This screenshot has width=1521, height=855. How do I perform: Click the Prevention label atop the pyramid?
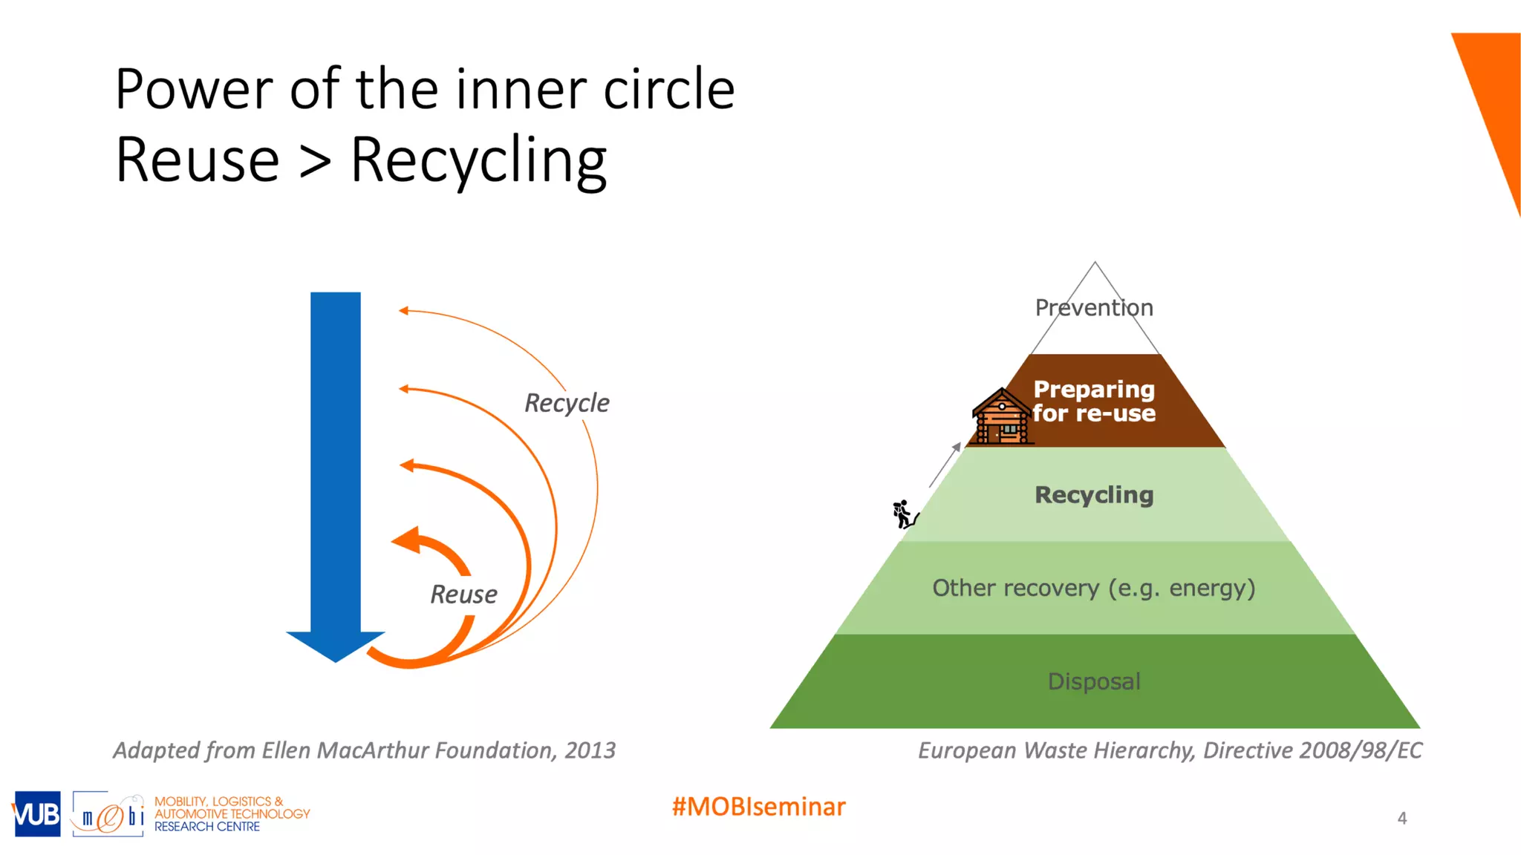tap(1094, 307)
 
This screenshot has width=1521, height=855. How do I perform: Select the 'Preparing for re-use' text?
tap(1094, 401)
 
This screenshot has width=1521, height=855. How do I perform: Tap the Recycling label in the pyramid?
tap(1094, 495)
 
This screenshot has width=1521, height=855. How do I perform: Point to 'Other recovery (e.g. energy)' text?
tap(1094, 588)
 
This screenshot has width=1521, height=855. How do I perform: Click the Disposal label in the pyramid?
tap(1094, 681)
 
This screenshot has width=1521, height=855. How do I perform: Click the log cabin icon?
tap(1002, 417)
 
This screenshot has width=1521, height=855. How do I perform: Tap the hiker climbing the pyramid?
tap(904, 514)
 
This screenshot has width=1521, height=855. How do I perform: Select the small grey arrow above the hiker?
tap(945, 465)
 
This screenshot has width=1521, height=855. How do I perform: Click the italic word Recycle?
tap(567, 403)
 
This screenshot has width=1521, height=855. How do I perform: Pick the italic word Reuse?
tap(463, 594)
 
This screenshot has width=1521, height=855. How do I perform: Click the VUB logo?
tap(36, 814)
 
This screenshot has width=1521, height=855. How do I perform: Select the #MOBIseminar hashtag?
tap(758, 807)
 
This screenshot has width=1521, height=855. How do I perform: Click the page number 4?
tap(1401, 818)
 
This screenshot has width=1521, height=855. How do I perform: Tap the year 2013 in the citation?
tap(590, 750)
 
